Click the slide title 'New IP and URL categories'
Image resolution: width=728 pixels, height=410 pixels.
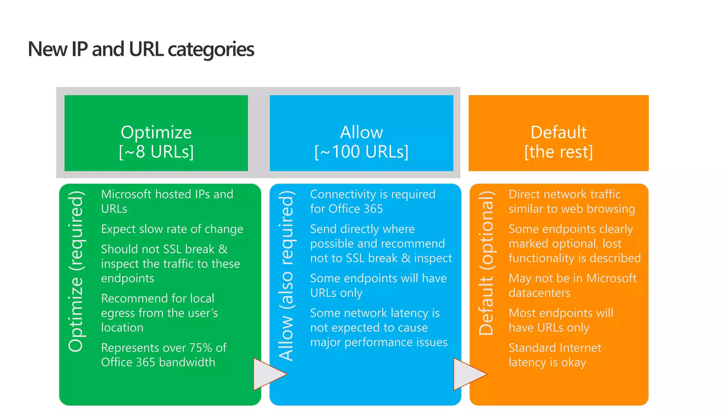(141, 49)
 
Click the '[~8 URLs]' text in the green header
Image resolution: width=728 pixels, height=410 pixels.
(156, 152)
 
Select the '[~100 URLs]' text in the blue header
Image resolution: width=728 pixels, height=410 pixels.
(362, 152)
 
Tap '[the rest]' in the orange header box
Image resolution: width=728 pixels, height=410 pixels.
(558, 152)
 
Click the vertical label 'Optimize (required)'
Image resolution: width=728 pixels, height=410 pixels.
(76, 271)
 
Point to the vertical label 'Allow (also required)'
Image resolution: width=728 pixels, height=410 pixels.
(286, 276)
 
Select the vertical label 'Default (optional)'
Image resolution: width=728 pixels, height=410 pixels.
(486, 263)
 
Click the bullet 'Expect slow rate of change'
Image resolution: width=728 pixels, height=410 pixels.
(172, 229)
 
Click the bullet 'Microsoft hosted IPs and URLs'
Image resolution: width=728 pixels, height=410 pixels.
(167, 201)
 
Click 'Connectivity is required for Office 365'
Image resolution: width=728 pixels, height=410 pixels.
(373, 201)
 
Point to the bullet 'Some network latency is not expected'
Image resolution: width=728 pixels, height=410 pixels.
(379, 327)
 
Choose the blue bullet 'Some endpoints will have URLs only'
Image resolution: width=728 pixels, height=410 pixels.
(378, 285)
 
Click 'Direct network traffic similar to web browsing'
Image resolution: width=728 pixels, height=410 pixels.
(572, 201)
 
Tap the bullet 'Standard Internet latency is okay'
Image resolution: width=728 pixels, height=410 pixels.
(555, 355)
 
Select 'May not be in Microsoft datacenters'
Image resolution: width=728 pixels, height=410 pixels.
(572, 285)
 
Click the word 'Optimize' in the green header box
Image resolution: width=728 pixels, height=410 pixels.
(156, 132)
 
